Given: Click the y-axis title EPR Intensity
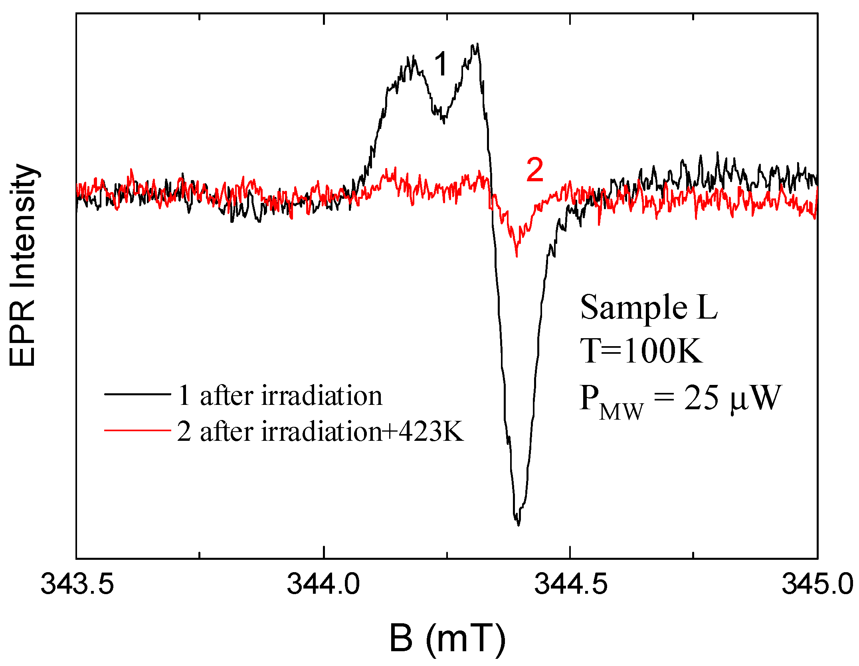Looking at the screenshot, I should [23, 265].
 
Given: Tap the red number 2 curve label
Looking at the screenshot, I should [535, 170].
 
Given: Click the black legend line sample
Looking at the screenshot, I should [138, 394].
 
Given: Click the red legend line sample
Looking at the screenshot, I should [138, 430].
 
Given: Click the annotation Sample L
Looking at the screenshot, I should [649, 307].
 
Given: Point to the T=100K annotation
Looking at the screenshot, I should [641, 351].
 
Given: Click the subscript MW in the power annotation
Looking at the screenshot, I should [621, 412].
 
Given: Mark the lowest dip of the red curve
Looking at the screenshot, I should [517, 256].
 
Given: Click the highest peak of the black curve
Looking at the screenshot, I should [477, 44].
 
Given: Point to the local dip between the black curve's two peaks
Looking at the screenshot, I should [443, 122].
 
